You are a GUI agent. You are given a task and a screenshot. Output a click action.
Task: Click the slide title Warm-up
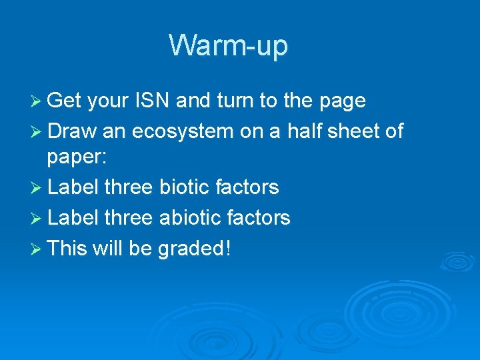click(228, 46)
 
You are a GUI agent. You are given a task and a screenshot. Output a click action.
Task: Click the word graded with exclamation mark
click(195, 249)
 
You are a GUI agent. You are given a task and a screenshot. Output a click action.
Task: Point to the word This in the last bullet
click(67, 249)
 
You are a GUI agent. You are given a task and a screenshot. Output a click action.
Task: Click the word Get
click(65, 101)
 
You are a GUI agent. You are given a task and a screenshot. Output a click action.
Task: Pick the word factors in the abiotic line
click(261, 218)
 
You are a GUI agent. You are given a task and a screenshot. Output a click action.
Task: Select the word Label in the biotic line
click(73, 187)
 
